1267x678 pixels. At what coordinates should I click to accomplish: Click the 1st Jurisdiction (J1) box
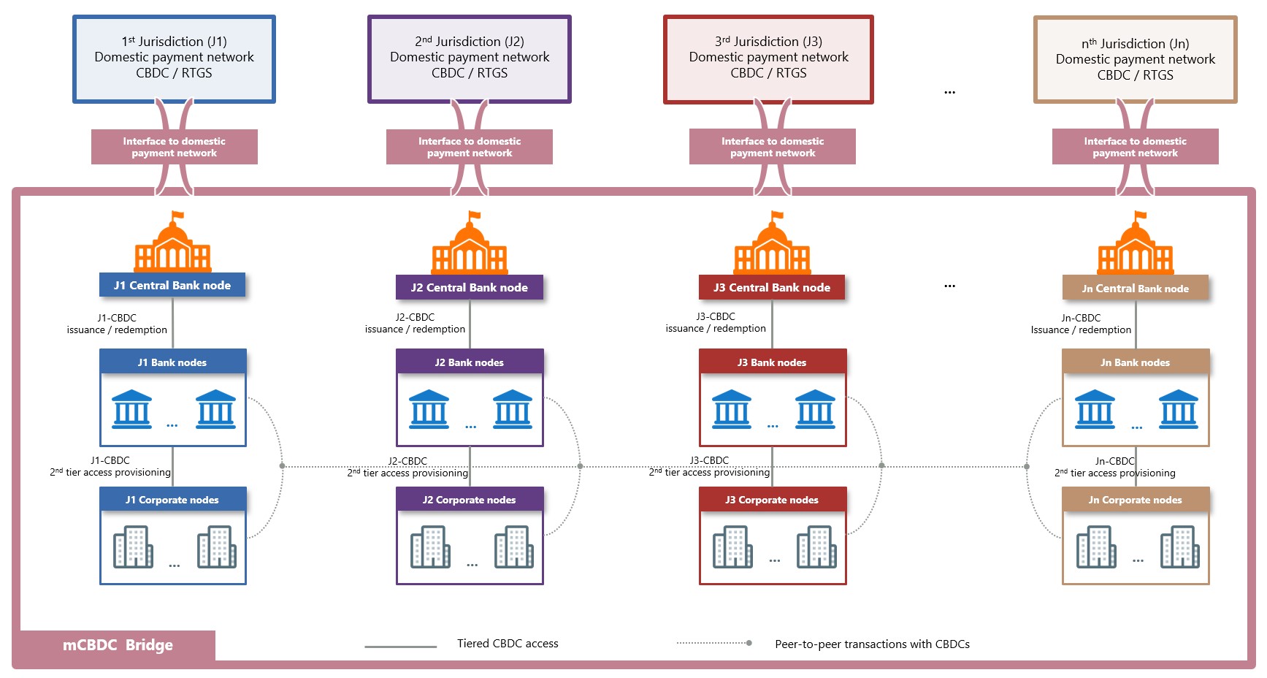(x=174, y=58)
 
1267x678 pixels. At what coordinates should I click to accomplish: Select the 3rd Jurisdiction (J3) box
(x=768, y=58)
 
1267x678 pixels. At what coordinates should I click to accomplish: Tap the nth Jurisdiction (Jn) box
(x=1135, y=60)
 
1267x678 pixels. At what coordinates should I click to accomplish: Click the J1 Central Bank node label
(x=172, y=286)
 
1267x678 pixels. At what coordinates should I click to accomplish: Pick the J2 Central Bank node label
(x=469, y=288)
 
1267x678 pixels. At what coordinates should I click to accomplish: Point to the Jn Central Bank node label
(x=1135, y=289)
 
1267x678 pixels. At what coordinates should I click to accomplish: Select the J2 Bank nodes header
(x=469, y=362)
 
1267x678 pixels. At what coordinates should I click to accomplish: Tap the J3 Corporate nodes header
(x=772, y=500)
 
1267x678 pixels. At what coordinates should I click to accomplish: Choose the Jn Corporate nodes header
(x=1135, y=500)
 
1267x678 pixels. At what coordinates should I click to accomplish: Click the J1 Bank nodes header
(x=172, y=362)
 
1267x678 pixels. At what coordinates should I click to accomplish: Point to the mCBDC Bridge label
(x=118, y=645)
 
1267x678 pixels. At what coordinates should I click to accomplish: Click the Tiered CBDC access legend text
(x=508, y=644)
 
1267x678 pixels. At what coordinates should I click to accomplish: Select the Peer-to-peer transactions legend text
(x=872, y=644)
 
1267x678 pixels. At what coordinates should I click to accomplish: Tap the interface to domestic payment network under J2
(x=469, y=147)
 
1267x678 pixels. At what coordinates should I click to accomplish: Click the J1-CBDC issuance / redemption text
(x=117, y=324)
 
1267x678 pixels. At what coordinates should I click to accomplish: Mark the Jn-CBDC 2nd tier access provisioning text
(x=1115, y=467)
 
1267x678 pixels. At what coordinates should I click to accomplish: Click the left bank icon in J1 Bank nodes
(x=132, y=409)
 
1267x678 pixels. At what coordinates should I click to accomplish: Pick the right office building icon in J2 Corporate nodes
(x=513, y=546)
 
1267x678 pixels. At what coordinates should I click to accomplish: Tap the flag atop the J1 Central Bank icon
(x=177, y=216)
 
